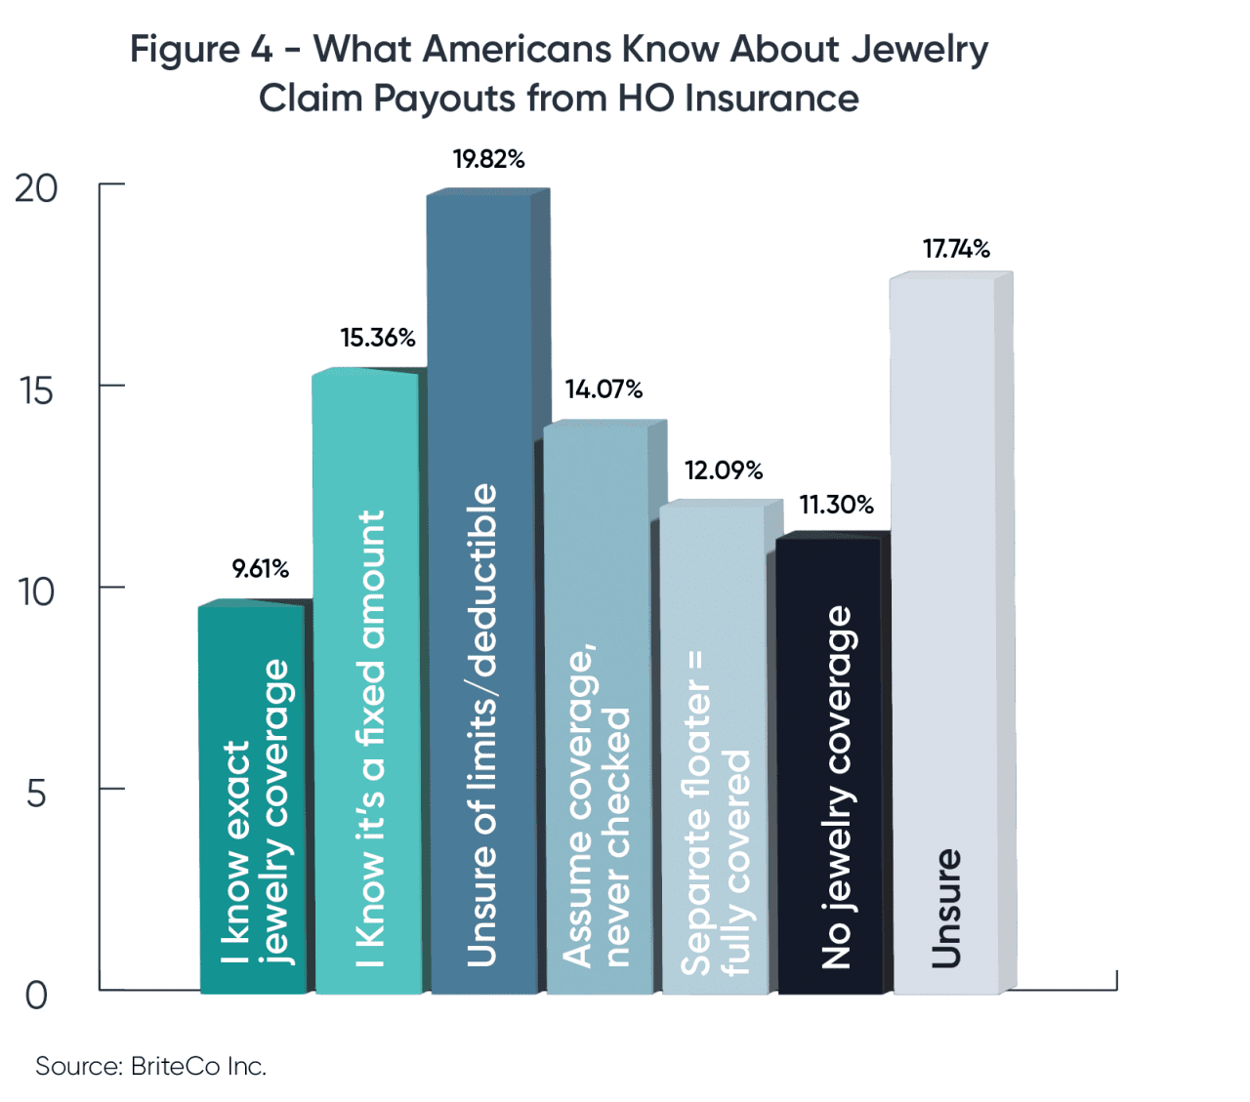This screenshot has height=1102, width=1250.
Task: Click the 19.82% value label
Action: pos(488,159)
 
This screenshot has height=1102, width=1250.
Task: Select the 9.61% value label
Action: pos(260,568)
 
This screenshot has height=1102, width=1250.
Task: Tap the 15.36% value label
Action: pos(377,338)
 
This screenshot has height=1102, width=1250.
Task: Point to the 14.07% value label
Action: pos(604,389)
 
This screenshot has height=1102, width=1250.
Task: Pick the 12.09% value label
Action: pos(723,470)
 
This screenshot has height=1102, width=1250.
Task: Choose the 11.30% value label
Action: pos(836,505)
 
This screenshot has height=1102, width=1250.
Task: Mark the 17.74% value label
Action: pos(956,249)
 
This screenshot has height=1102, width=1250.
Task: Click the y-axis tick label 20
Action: pos(36,188)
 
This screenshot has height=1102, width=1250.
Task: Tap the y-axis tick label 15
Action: pos(36,390)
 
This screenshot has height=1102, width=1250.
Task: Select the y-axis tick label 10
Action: pos(36,592)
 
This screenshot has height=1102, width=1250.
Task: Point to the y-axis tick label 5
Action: pos(36,794)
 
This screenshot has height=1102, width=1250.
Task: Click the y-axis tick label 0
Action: pos(36,996)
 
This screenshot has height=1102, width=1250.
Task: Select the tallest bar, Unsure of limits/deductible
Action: pos(481,586)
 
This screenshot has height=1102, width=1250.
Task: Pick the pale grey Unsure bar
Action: pos(943,634)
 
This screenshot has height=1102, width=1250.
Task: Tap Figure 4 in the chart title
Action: pos(201,49)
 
